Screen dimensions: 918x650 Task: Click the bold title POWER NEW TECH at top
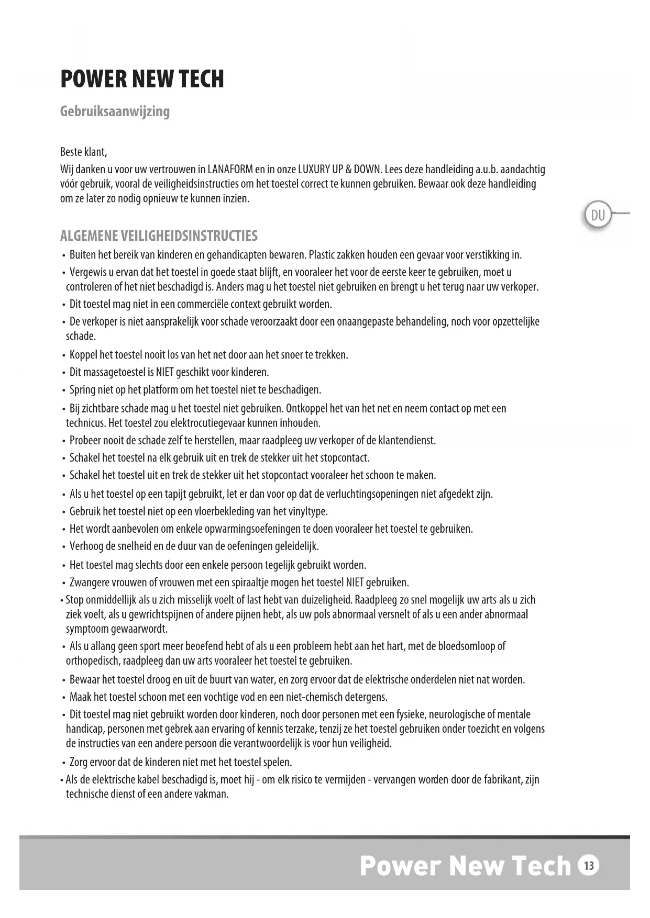(x=142, y=79)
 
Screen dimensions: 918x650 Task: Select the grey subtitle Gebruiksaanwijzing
(x=115, y=111)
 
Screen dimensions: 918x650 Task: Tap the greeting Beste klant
(x=83, y=152)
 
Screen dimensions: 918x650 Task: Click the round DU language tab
(x=598, y=215)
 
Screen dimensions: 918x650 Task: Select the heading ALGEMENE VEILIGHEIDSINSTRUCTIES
(x=159, y=236)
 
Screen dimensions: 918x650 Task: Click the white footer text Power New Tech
(x=465, y=866)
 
